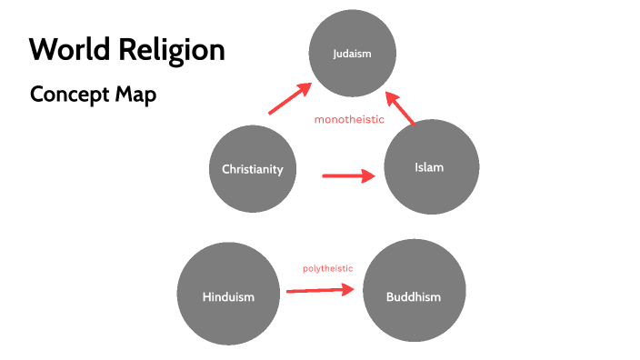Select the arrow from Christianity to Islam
pyautogui.click(x=348, y=175)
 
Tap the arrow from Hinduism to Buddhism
pyautogui.click(x=319, y=291)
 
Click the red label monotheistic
pyautogui.click(x=349, y=120)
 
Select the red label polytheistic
pyautogui.click(x=327, y=268)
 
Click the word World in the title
pyautogui.click(x=66, y=49)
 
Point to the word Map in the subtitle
pyautogui.click(x=135, y=94)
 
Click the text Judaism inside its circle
pyautogui.click(x=353, y=54)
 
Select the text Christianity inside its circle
pyautogui.click(x=253, y=169)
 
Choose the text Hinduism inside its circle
pyautogui.click(x=228, y=296)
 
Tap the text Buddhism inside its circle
pyautogui.click(x=415, y=296)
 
